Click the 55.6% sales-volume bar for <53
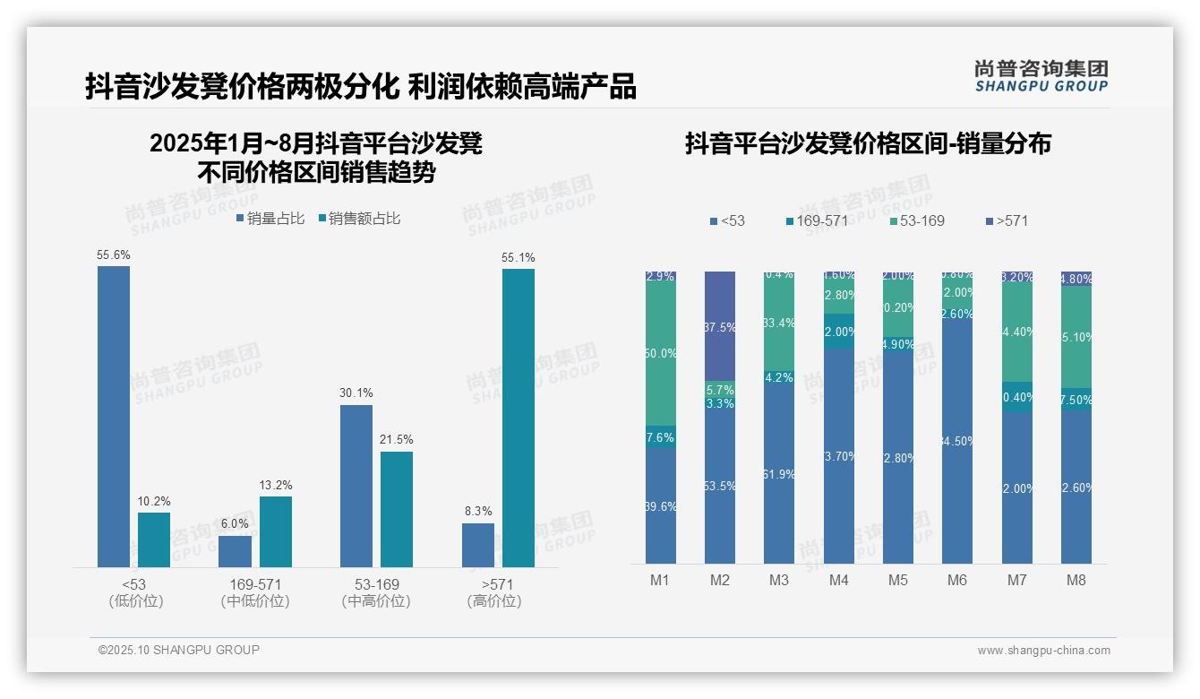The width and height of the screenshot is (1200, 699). (x=114, y=417)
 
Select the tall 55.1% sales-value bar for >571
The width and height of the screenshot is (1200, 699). (x=518, y=418)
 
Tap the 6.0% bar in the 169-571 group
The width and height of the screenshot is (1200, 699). (x=235, y=551)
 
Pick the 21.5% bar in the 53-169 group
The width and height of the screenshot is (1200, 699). (x=397, y=509)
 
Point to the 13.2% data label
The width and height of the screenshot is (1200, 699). (x=276, y=486)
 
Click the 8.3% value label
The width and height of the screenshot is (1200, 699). (x=478, y=512)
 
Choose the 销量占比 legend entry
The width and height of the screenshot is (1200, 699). (x=270, y=219)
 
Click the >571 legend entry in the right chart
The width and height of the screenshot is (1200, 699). (x=1007, y=220)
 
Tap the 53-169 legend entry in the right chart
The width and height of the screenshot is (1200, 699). (x=917, y=220)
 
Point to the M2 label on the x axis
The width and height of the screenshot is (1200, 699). (x=719, y=580)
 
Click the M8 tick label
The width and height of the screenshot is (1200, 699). (x=1076, y=580)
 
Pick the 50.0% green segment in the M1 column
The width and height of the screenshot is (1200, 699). (x=660, y=354)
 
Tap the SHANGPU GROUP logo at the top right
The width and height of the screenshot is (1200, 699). (x=1041, y=76)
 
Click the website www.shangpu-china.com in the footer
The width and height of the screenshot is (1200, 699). (x=1043, y=651)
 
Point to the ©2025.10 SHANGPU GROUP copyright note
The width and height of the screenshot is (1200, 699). (x=178, y=651)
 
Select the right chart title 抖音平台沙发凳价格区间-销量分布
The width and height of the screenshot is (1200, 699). (x=868, y=143)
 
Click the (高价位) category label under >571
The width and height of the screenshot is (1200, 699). (x=493, y=601)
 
